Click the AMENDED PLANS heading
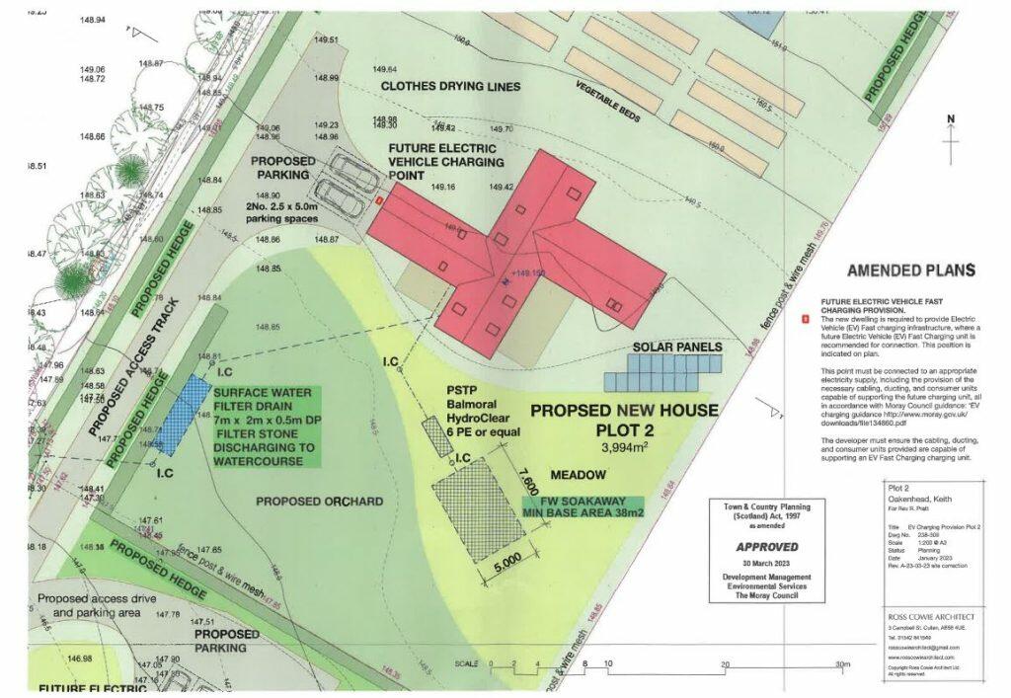pos(910,271)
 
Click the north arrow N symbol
pos(951,120)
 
